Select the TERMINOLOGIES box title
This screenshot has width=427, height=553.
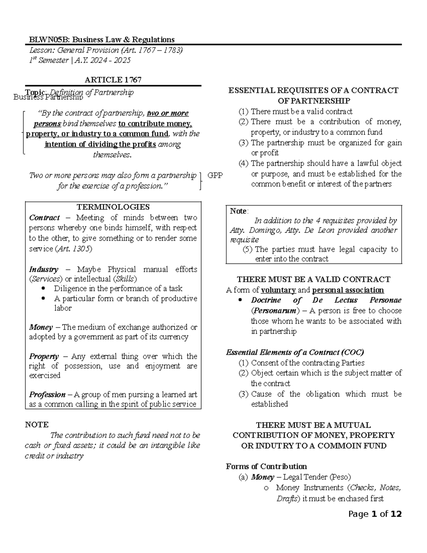[x=113, y=207]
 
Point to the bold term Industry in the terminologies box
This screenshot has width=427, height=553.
[x=43, y=269]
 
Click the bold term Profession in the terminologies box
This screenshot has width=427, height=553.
[x=47, y=395]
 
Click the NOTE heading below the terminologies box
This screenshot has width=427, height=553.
[x=37, y=424]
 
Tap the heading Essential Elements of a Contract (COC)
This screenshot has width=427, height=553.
[x=295, y=353]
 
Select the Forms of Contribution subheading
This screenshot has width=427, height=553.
[x=266, y=466]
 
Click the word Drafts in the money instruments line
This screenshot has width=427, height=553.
[x=288, y=499]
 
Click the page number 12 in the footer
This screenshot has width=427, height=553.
[x=396, y=514]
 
